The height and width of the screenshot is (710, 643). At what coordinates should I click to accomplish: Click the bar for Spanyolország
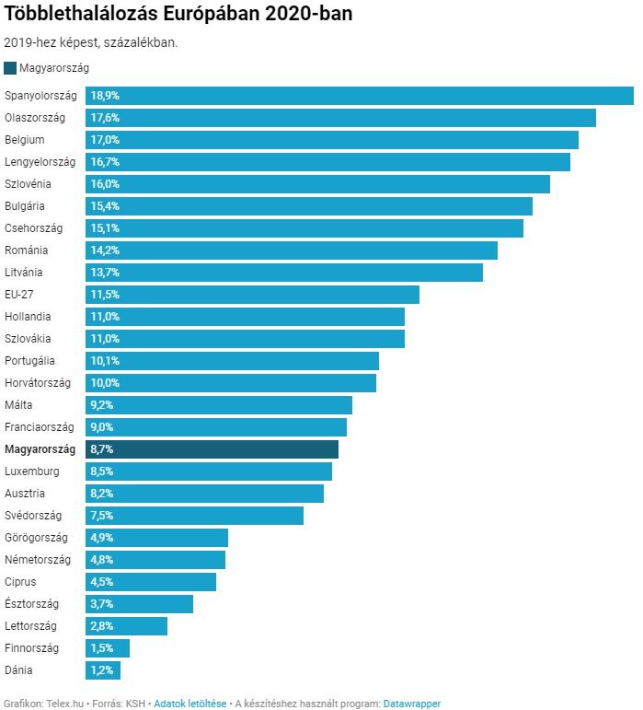click(x=359, y=96)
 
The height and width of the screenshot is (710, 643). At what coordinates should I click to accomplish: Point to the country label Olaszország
click(x=35, y=118)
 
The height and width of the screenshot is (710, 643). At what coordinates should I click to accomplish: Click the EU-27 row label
click(x=21, y=295)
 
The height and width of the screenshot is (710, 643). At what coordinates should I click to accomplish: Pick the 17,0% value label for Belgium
click(x=105, y=140)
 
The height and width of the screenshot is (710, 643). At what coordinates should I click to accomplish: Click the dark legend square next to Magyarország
click(x=10, y=67)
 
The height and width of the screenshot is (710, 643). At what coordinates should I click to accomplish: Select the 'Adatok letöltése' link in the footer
click(x=189, y=704)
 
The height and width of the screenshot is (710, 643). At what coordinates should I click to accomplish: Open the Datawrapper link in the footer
click(x=411, y=704)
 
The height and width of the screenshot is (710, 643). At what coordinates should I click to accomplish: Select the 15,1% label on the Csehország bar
click(x=105, y=228)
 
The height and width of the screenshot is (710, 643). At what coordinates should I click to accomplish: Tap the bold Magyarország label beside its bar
click(x=40, y=449)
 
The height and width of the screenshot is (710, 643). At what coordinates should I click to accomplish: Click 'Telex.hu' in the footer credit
click(x=65, y=704)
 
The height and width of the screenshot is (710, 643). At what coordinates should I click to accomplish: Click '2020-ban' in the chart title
click(x=309, y=15)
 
